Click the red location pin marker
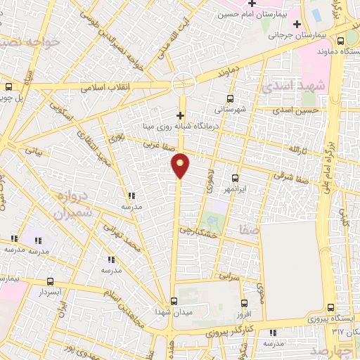[x=181, y=165]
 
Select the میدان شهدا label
[x=173, y=310]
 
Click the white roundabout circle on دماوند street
[x=184, y=84]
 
